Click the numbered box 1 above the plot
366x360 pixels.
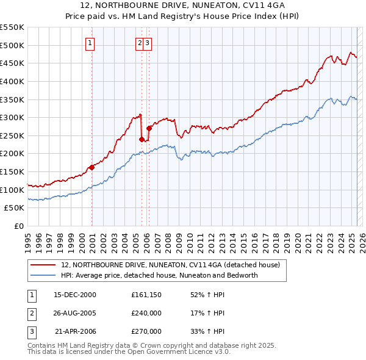(x=90, y=43)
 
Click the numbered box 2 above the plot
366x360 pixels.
(x=140, y=43)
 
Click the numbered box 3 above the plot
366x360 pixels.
(x=148, y=43)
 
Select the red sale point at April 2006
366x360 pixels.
(x=149, y=128)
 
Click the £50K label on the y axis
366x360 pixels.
(x=15, y=208)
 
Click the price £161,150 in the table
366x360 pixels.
(x=146, y=295)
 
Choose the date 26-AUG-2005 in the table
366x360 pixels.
(x=75, y=313)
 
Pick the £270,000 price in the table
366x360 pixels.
(x=146, y=331)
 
